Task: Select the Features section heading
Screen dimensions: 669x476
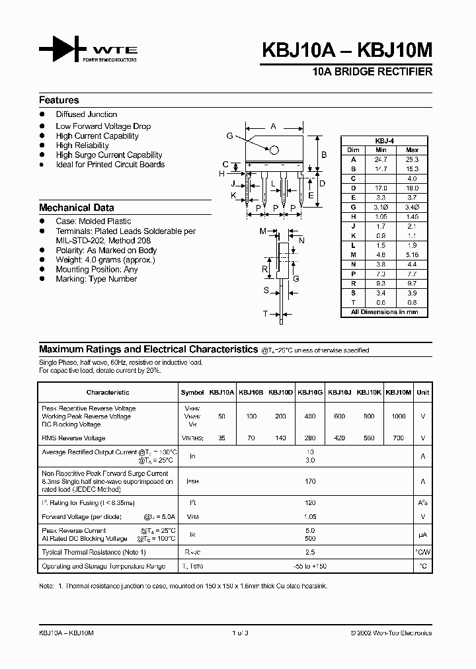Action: [59, 100]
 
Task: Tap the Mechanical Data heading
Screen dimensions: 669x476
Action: [76, 207]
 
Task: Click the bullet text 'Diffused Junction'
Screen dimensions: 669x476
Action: [86, 114]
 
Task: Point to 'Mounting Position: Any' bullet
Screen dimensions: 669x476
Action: [97, 269]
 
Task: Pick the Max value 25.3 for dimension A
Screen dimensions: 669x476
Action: [412, 159]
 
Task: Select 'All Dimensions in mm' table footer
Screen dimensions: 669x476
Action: [383, 312]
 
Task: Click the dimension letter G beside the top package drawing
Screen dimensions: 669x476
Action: [229, 136]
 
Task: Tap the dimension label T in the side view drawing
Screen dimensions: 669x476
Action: [265, 313]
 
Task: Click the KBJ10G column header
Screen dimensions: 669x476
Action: [309, 392]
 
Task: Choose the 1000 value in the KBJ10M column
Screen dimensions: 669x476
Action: [398, 416]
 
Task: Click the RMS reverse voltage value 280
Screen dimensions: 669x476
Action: [309, 438]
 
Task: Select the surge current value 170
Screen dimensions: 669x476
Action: [309, 482]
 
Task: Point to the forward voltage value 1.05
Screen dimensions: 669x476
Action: [309, 517]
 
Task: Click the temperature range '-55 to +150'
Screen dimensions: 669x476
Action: [309, 567]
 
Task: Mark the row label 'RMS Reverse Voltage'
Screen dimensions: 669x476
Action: [73, 438]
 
